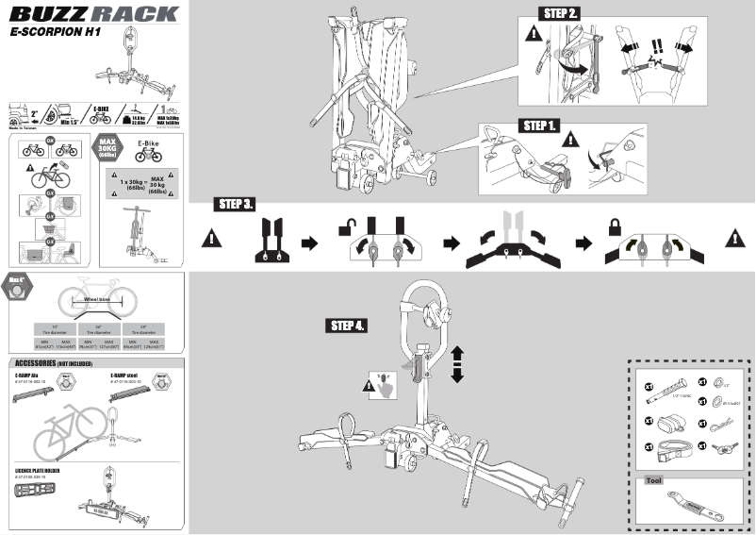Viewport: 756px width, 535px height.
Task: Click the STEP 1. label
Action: click(541, 125)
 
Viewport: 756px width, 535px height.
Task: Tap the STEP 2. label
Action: click(563, 13)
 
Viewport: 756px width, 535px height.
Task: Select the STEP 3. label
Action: click(236, 205)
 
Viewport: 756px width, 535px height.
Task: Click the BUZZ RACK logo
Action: click(94, 14)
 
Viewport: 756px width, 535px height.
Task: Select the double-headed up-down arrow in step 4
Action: click(458, 364)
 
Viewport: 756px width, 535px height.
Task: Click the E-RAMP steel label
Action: click(129, 376)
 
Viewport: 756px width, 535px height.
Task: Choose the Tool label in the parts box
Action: click(653, 479)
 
